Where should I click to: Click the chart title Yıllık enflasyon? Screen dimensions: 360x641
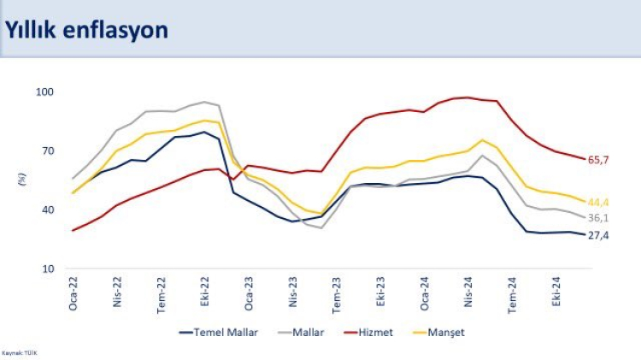click(86, 29)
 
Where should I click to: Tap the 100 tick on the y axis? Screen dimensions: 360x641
click(44, 91)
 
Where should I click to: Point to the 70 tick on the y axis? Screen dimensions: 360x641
click(47, 150)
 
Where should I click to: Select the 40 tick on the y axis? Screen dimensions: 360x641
click(47, 210)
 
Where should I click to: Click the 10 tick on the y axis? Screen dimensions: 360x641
click(47, 269)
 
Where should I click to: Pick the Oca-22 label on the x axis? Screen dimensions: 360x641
click(74, 292)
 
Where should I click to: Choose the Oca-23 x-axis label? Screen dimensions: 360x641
click(250, 292)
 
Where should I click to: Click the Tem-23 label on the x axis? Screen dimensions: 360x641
click(337, 292)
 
